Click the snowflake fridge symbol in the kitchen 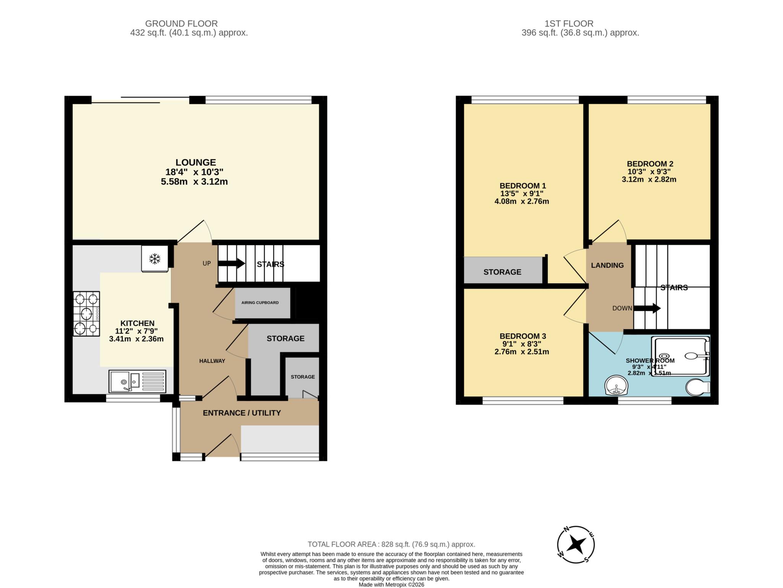(154, 259)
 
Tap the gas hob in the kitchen (87, 314)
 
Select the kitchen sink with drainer (137, 381)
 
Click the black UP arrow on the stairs (231, 263)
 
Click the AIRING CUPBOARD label (260, 303)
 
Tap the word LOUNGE (196, 162)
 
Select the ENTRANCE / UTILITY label (242, 413)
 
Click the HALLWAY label (212, 361)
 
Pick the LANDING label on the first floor (607, 265)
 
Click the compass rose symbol (576, 544)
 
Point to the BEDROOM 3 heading (523, 336)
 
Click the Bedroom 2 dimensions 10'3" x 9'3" (649, 172)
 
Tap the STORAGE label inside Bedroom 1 (502, 272)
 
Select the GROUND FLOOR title (181, 24)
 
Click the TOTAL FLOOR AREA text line (391, 544)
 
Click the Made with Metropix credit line (391, 585)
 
